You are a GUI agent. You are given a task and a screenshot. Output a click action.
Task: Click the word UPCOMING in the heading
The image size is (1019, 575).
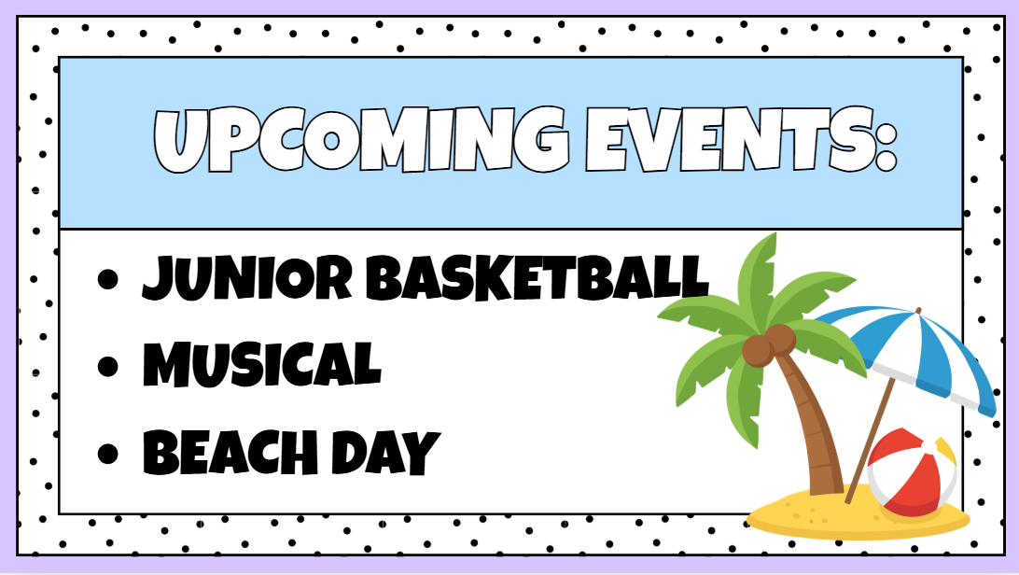point(361,140)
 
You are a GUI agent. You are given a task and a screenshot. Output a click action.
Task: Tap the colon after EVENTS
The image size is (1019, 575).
point(886,142)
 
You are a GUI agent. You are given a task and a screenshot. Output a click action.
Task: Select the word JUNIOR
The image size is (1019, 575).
point(247,278)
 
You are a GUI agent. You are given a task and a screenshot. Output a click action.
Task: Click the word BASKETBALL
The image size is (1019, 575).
point(537,277)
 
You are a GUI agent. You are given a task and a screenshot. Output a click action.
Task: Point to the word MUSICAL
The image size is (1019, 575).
point(262,364)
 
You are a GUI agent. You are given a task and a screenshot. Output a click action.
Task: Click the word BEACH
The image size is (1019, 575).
point(230,452)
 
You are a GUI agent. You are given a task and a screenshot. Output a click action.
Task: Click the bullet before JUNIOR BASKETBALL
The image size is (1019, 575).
point(108,279)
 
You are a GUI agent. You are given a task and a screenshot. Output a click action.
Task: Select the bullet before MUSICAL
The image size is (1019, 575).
point(108,366)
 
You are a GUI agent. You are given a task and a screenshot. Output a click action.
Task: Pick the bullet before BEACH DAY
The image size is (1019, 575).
point(108,454)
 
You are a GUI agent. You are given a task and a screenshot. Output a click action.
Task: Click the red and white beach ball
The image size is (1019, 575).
point(913,473)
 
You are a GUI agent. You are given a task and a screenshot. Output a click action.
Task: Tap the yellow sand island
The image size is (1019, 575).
point(858,513)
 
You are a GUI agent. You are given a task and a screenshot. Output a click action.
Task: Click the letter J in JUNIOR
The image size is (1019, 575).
point(160,279)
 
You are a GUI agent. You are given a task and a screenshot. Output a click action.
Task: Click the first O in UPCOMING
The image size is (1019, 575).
point(330,141)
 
